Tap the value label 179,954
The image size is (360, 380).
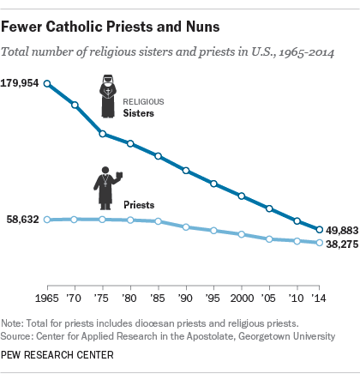pos(23,84)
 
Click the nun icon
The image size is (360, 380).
pos(109,98)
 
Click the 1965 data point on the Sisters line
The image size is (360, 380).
pos(47,84)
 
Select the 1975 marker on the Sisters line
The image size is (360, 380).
pos(102,134)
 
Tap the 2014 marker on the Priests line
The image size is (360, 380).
pos(319,244)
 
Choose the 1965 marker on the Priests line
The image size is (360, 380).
pos(47,220)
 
